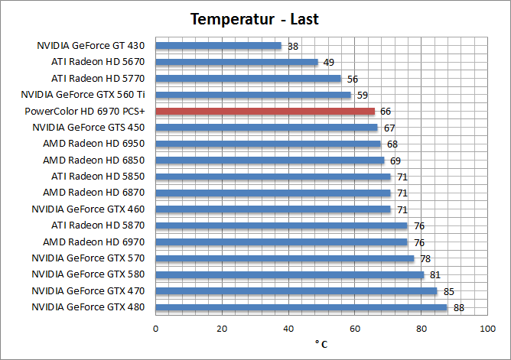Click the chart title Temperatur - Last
point(255,19)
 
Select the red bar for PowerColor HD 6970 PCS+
point(265,111)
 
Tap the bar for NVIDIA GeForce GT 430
point(219,45)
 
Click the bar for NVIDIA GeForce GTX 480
point(301,307)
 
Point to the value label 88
point(459,308)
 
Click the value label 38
point(293,46)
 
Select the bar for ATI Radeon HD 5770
point(249,78)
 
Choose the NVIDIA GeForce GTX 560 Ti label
point(83,95)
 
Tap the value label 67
point(389,128)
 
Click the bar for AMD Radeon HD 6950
point(269,144)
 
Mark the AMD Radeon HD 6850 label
point(94,160)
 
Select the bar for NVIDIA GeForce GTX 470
point(297,290)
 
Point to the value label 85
point(449,291)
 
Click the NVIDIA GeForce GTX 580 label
point(88,274)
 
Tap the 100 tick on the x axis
point(487,328)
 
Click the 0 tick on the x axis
point(156,328)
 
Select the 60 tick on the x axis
point(355,328)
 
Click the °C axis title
point(321,344)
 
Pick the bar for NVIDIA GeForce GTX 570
point(285,258)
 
